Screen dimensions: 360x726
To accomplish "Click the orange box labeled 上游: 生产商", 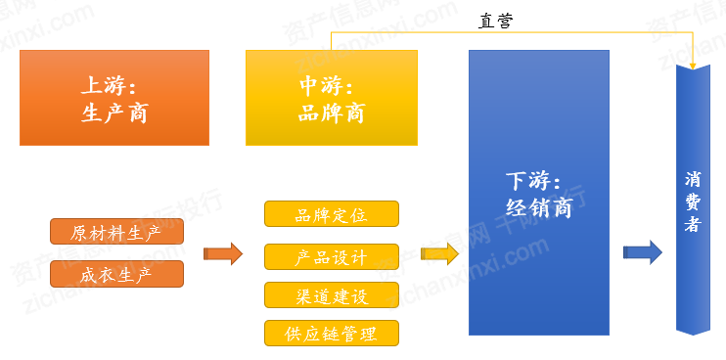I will point(114,98).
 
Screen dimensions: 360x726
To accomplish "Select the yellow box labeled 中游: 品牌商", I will point(331,98).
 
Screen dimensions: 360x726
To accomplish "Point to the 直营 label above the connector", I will point(496,20).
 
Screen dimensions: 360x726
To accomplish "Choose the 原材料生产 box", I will point(116,233).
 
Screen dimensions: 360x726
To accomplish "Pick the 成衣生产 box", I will point(116,274).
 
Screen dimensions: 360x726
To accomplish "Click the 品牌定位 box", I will point(332,214).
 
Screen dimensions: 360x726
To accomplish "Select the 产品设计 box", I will point(332,256).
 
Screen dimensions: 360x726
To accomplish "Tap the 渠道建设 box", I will point(332,294).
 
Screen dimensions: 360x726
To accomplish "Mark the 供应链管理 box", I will point(332,333).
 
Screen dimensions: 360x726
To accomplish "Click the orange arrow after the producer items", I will point(222,254).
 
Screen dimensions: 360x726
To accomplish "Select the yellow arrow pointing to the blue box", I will point(439,254).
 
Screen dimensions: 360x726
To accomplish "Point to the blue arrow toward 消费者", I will point(642,252).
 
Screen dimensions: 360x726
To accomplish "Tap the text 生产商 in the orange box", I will point(114,112).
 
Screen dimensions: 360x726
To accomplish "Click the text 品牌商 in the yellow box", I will point(331,112).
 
